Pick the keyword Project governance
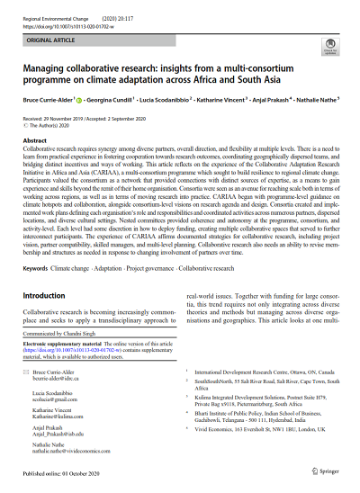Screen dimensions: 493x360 (148, 244)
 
